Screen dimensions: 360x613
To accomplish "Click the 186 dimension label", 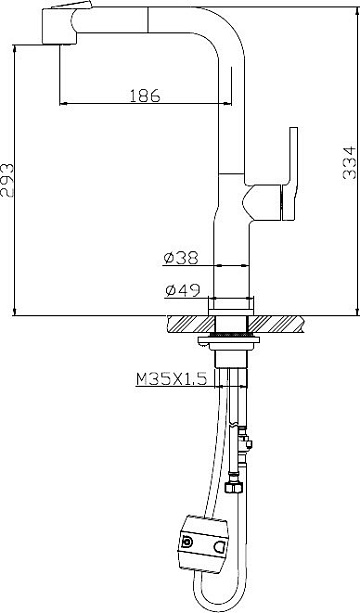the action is point(145,95).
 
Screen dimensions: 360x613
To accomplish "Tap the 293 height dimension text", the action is point(7,180).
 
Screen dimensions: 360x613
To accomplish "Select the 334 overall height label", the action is point(349,163).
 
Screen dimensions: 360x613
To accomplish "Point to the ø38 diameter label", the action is point(181,258).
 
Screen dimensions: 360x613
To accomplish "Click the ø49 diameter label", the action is point(183,290).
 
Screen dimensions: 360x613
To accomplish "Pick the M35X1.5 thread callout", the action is point(171,379).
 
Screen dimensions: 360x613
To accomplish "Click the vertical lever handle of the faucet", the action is point(290,174).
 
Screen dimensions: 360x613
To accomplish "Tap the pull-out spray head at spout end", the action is point(59,25).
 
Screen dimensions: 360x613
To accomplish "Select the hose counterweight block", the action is point(202,544).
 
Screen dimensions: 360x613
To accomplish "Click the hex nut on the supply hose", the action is point(234,487).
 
